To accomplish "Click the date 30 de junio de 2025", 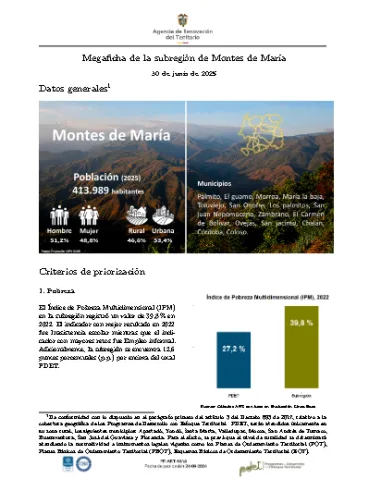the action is [x=184, y=74].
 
